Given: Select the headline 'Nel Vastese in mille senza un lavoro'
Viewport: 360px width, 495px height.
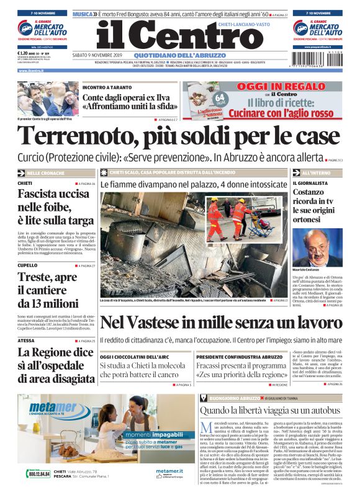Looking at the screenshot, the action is coord(220,323).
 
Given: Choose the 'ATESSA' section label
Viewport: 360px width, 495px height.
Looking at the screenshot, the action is coord(26,341).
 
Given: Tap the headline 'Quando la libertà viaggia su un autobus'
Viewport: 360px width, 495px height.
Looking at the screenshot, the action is coord(269,410).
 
